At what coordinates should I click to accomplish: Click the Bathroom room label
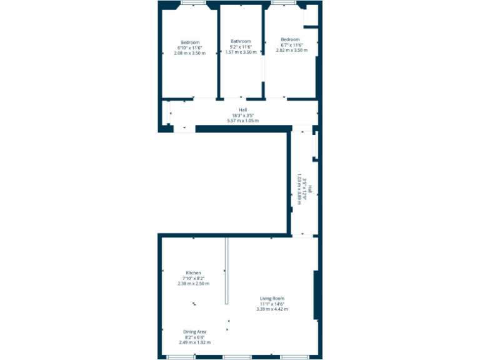coord(241,41)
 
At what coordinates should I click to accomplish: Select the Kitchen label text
coord(193,272)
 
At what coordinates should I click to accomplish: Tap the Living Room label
coord(272,298)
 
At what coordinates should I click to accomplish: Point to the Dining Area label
coord(195,331)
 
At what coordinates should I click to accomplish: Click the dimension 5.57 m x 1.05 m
coord(243,121)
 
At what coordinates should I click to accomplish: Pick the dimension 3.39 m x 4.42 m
coord(272,309)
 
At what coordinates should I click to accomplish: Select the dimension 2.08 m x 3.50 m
coord(189,53)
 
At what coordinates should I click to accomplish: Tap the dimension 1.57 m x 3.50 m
coord(241,52)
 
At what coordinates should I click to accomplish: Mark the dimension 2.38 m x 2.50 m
coord(193,283)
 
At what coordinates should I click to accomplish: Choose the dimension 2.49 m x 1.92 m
coord(195,342)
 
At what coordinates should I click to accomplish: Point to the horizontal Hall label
coord(243,110)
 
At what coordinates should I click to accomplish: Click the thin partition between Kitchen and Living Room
coord(227,270)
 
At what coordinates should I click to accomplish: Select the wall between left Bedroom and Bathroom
coord(217,53)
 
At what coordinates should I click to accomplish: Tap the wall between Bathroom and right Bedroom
coord(263,53)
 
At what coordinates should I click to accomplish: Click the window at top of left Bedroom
coord(194,4)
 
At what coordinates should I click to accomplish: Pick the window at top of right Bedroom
coord(284,4)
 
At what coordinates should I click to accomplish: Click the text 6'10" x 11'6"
coord(189,47)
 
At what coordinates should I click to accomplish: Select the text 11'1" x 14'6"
coord(272,304)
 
